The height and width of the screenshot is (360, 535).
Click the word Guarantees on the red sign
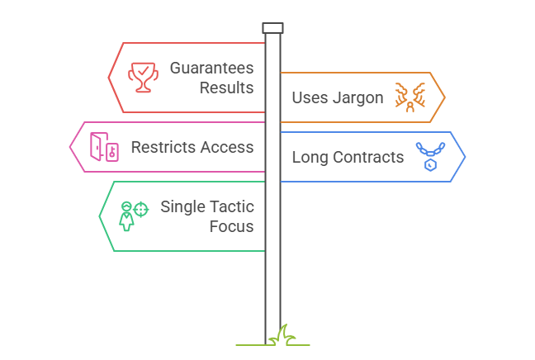click(211, 68)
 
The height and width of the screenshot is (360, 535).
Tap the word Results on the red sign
click(226, 87)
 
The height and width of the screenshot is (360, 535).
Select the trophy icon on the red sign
click(141, 77)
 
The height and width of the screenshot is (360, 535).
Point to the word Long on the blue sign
click(308, 157)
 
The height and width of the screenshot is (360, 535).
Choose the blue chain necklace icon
click(429, 155)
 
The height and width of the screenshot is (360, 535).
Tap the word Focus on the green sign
click(233, 225)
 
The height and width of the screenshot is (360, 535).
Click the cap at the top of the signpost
click(272, 28)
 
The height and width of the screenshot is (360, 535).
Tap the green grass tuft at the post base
click(284, 336)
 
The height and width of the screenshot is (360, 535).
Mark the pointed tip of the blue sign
click(465, 157)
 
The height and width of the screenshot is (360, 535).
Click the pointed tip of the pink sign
click(69, 147)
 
